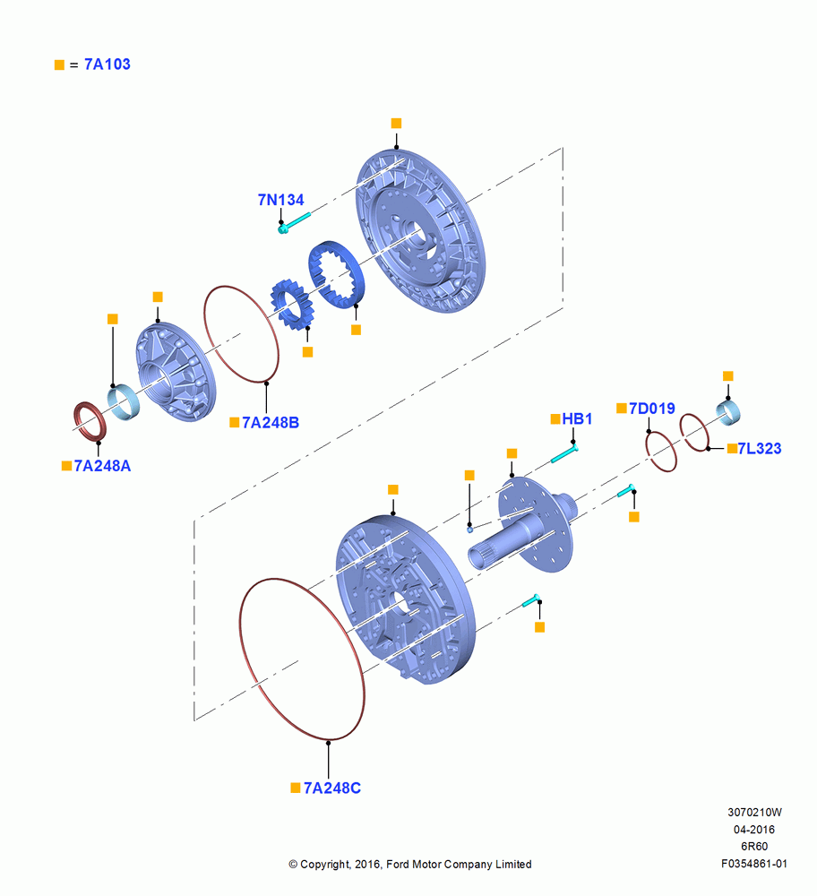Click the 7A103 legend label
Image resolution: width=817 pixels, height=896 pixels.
click(x=107, y=64)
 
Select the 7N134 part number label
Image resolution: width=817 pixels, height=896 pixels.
click(x=280, y=200)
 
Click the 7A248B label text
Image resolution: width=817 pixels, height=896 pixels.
click(x=271, y=422)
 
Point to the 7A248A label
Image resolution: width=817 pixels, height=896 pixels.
click(x=102, y=466)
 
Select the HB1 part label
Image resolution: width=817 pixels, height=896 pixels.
click(x=577, y=418)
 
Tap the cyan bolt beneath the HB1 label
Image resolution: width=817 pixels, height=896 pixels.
click(x=564, y=454)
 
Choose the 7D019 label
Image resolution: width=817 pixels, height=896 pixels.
click(x=652, y=409)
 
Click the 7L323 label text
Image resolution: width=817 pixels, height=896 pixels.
click(x=760, y=449)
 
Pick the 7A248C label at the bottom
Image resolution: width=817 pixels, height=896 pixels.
click(x=332, y=788)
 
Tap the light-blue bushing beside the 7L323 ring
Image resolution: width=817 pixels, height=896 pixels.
click(x=729, y=413)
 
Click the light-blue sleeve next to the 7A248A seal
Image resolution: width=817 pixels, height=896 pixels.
click(x=123, y=402)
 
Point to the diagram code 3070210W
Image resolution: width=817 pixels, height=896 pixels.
click(x=754, y=812)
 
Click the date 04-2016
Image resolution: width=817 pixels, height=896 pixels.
click(x=754, y=829)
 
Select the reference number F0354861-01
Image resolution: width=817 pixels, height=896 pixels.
click(x=753, y=864)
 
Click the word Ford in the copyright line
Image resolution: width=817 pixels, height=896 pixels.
click(x=400, y=864)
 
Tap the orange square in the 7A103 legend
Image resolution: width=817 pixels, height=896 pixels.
click(x=59, y=65)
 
